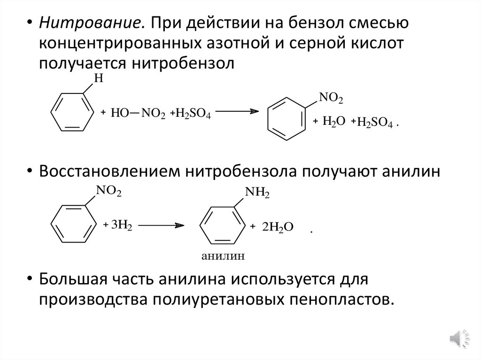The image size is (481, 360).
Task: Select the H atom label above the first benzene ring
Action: coord(98,80)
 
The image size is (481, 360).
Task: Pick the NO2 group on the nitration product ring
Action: coord(331,98)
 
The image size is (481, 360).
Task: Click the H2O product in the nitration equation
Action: coord(334,121)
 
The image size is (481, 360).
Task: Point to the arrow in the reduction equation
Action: coord(160,225)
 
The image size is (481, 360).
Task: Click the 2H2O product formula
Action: coord(278,227)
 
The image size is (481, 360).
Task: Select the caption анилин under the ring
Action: coord(224,256)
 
